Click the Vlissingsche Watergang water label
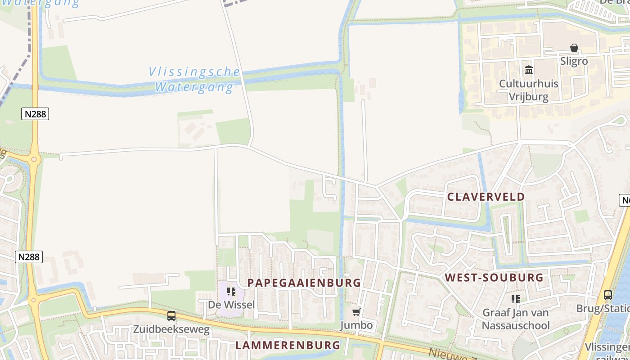click(x=194, y=79)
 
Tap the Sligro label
click(x=574, y=61)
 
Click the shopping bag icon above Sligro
click(x=574, y=48)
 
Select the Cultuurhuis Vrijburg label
click(x=528, y=90)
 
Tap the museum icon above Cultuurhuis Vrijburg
click(x=529, y=70)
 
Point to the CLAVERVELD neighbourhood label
click(x=486, y=197)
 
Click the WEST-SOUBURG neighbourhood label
click(x=494, y=277)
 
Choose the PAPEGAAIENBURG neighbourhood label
click(x=304, y=283)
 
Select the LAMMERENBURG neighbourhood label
click(x=288, y=345)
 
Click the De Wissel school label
click(x=231, y=305)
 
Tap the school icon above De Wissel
click(x=231, y=292)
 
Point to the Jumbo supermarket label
click(x=356, y=325)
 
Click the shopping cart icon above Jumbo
click(x=356, y=312)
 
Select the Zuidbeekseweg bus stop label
click(x=171, y=329)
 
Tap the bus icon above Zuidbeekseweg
click(x=171, y=316)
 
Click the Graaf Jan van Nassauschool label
click(x=516, y=319)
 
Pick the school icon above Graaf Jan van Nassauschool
click(x=516, y=299)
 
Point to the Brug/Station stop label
click(x=603, y=309)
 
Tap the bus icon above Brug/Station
click(x=607, y=295)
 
